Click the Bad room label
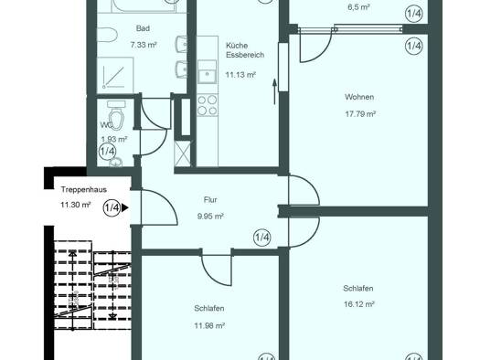tap(143, 28)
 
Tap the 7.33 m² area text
tap(144, 45)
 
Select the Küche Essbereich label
tap(245, 50)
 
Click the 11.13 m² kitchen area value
tap(240, 75)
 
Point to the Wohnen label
tap(359, 97)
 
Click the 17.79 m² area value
tap(360, 114)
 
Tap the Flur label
tap(210, 200)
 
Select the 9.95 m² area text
tap(210, 217)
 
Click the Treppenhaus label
tap(84, 189)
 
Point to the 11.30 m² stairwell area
tap(75, 205)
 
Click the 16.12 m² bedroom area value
tap(358, 304)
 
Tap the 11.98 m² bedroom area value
tap(209, 326)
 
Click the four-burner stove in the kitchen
tap(208, 105)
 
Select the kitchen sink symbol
tap(207, 72)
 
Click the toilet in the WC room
tap(115, 116)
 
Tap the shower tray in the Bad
tap(115, 75)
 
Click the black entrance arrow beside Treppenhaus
tap(125, 208)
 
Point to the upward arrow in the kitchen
tap(274, 91)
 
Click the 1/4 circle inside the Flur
tap(262, 238)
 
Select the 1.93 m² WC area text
tap(114, 140)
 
